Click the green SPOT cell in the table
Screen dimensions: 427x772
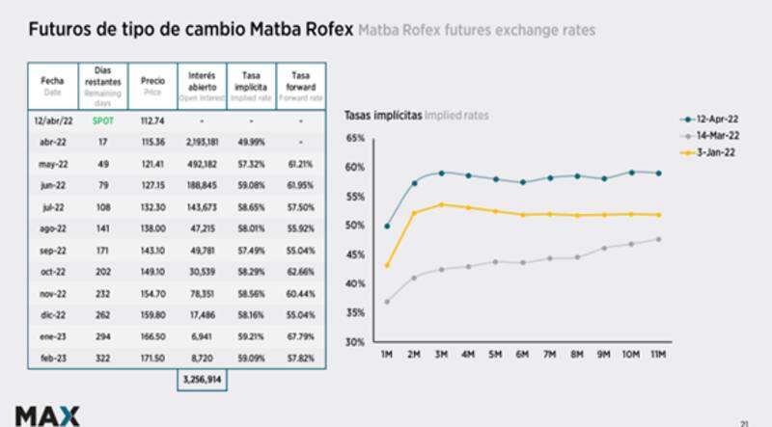(102, 120)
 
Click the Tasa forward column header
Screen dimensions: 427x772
(300, 84)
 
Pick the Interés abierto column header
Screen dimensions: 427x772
(203, 84)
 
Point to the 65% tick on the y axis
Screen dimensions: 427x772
(355, 139)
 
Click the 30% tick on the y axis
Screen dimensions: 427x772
(355, 342)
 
